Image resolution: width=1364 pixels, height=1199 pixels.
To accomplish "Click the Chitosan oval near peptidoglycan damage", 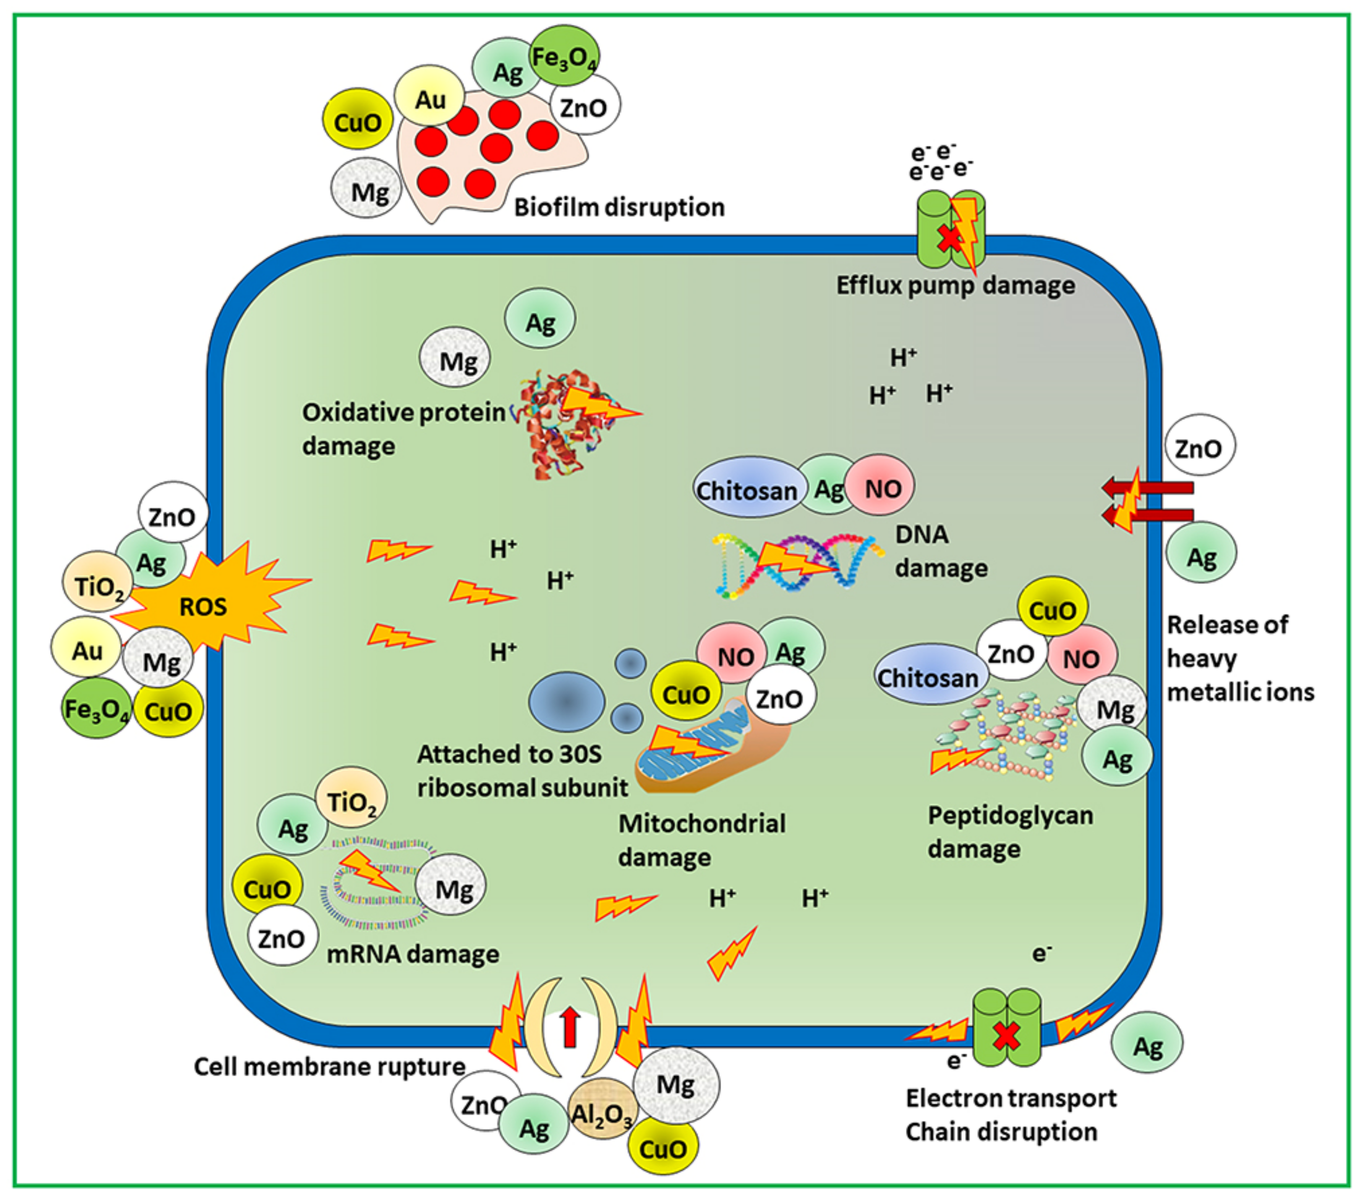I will [928, 677].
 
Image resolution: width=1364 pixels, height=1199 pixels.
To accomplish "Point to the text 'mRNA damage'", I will [412, 954].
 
